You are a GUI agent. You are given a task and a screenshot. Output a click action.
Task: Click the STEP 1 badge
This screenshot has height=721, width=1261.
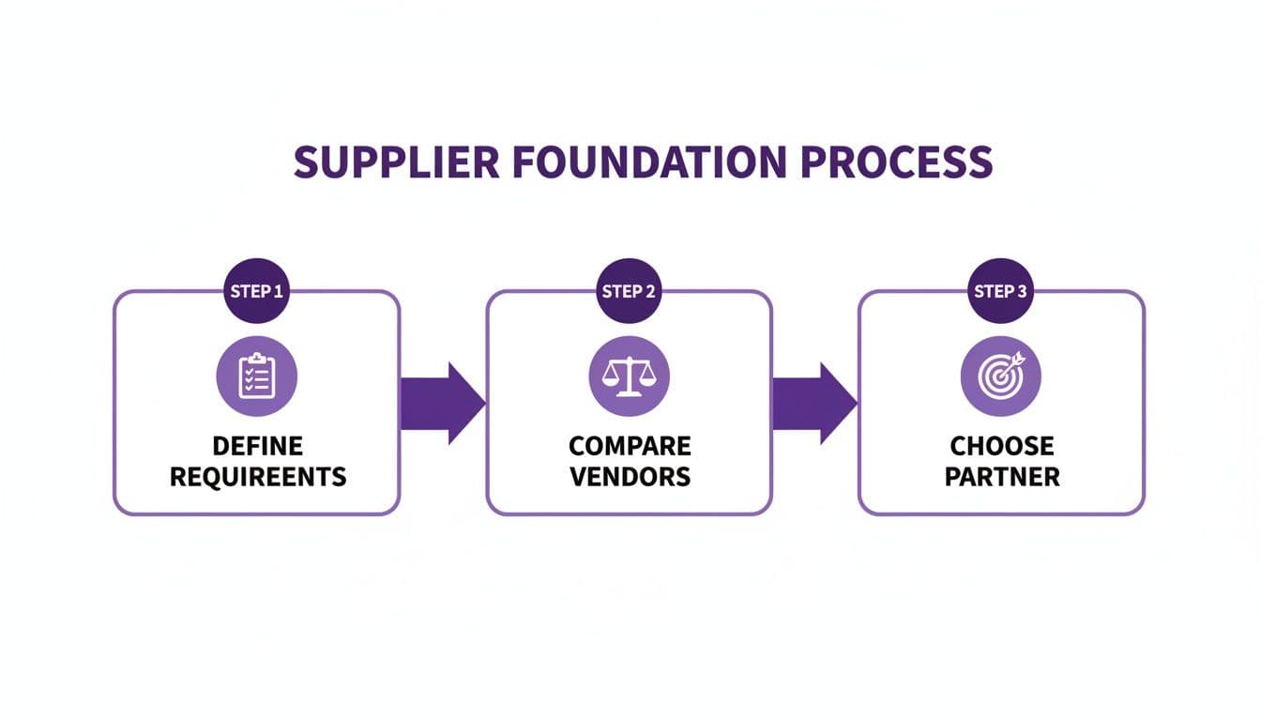click(x=256, y=291)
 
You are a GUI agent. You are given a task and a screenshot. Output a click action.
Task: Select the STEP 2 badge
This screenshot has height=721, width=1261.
click(x=629, y=291)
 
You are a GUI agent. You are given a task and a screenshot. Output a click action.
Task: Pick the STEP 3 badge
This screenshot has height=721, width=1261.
click(x=1001, y=291)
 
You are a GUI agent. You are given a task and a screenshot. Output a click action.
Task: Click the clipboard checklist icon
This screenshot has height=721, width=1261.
click(x=256, y=376)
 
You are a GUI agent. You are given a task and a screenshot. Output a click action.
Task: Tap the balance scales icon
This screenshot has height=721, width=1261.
click(x=629, y=376)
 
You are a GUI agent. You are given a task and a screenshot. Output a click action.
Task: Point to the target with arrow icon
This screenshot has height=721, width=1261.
click(x=1001, y=376)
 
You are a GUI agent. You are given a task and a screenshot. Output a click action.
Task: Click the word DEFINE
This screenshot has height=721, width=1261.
click(x=257, y=445)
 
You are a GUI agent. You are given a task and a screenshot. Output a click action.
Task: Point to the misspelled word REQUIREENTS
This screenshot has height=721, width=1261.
click(x=257, y=476)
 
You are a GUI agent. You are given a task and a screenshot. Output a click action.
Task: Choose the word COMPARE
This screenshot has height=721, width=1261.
click(x=630, y=445)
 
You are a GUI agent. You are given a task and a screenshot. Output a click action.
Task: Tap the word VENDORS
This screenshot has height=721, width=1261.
click(x=630, y=476)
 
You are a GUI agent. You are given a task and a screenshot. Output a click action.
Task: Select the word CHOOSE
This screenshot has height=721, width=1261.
click(x=1002, y=445)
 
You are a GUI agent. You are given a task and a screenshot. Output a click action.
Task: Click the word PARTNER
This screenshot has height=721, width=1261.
click(x=1002, y=476)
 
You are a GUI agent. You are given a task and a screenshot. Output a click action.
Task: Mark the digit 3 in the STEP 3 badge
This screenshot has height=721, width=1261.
click(x=1022, y=291)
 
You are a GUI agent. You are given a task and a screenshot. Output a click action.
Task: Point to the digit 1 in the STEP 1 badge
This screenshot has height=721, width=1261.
click(x=278, y=291)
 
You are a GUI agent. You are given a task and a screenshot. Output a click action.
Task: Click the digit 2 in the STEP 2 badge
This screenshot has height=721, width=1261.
click(x=650, y=291)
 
